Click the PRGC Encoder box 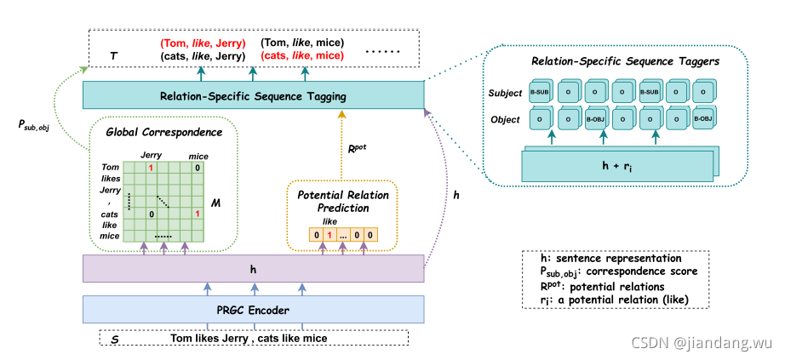[x=254, y=309]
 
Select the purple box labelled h [x=254, y=269]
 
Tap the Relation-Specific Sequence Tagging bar [x=254, y=96]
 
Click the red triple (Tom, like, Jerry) [x=202, y=43]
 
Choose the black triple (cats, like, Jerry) [x=202, y=56]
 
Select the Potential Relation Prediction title [x=343, y=201]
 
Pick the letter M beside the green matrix [x=217, y=205]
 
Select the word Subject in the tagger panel [x=504, y=92]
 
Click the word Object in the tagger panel [x=505, y=120]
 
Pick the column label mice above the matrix [x=198, y=157]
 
